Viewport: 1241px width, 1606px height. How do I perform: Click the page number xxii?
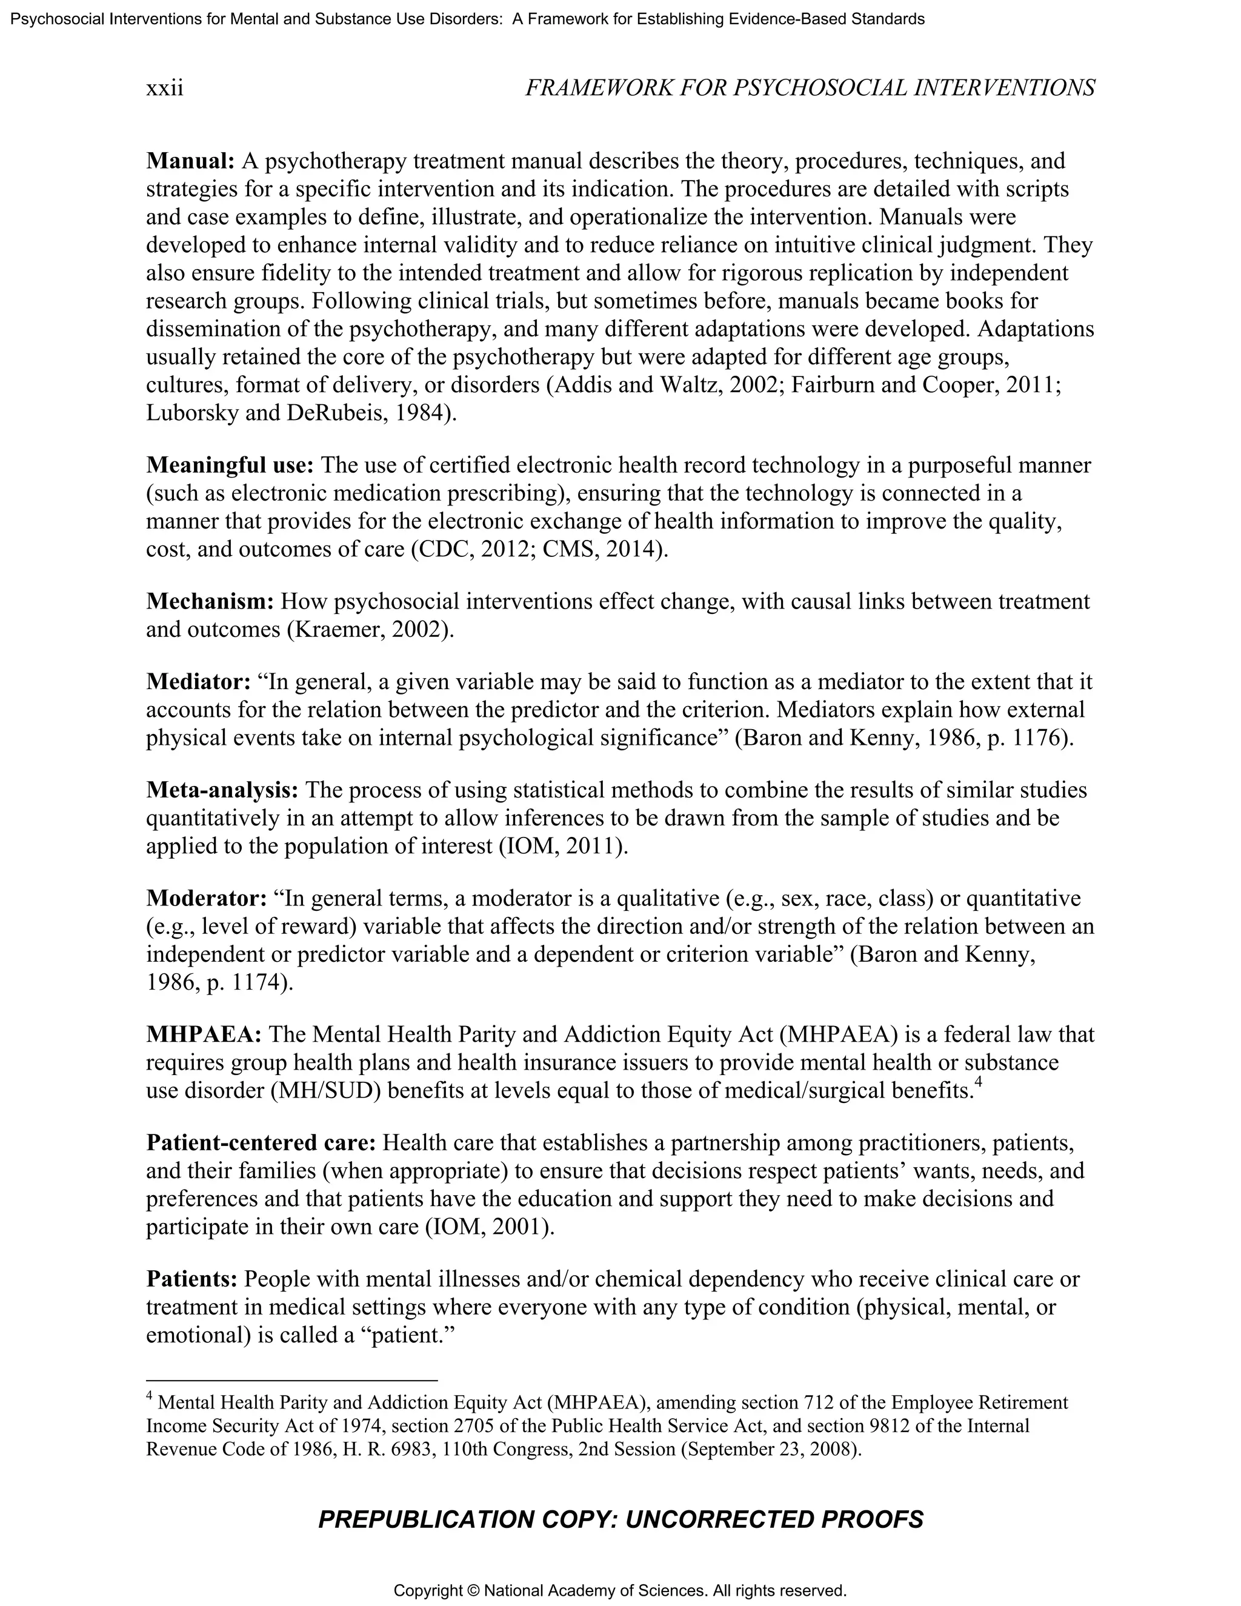165,88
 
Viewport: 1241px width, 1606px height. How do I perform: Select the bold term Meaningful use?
230,465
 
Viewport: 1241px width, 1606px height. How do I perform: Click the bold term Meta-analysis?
222,790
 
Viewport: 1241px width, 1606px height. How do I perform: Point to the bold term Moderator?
206,898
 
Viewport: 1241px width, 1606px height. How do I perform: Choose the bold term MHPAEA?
204,1034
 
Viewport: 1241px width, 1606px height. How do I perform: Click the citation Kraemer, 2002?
367,630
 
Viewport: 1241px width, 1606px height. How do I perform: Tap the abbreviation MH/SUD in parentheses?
325,1090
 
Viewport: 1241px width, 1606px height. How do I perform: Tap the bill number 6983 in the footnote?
415,1450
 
